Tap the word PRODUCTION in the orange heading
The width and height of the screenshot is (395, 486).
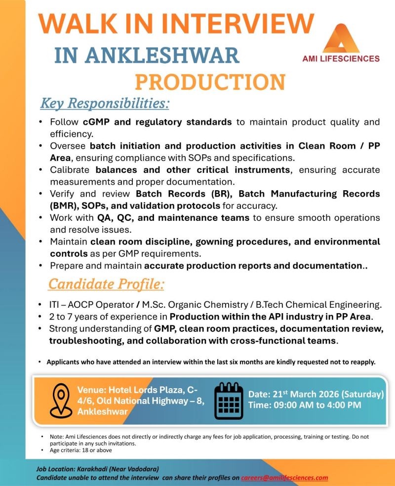pyautogui.click(x=210, y=81)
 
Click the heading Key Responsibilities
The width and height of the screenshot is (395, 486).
pyautogui.click(x=104, y=104)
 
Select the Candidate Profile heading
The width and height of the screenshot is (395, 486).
pyautogui.click(x=106, y=285)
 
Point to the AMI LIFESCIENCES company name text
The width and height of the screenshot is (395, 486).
pyautogui.click(x=341, y=58)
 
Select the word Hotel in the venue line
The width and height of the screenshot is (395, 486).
pyautogui.click(x=118, y=390)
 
